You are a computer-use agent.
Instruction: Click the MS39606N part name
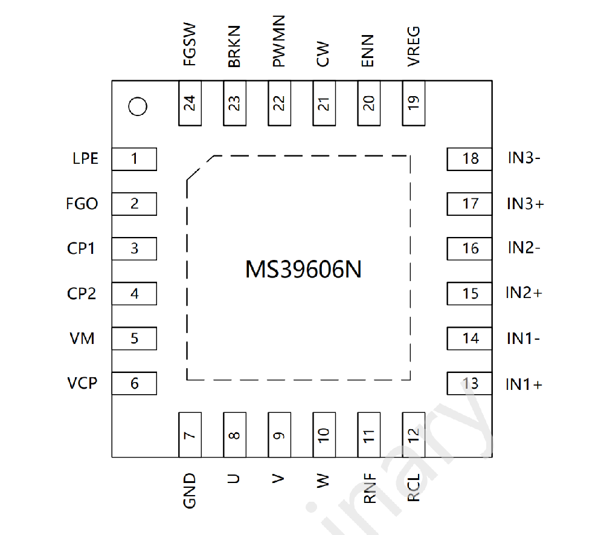(x=304, y=269)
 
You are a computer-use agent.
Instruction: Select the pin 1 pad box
(x=135, y=159)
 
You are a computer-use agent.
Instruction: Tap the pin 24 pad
(x=190, y=103)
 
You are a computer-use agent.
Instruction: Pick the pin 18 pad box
(x=469, y=159)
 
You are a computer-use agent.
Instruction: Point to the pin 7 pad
(x=190, y=435)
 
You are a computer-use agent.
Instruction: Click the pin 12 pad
(x=414, y=435)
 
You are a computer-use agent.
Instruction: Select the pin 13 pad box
(x=469, y=383)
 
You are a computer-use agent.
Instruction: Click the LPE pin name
(x=86, y=158)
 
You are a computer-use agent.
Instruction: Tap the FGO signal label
(x=82, y=204)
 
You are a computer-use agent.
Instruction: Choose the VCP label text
(x=82, y=383)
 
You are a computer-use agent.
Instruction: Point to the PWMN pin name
(x=278, y=41)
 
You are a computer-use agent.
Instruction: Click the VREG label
(x=413, y=47)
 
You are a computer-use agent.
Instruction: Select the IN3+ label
(x=525, y=204)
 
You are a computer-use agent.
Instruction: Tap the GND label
(x=189, y=491)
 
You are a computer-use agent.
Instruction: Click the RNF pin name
(x=370, y=488)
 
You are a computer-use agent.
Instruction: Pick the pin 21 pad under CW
(x=324, y=103)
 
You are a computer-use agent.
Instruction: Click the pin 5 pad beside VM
(x=135, y=339)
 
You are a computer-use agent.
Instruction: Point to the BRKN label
(x=234, y=47)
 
